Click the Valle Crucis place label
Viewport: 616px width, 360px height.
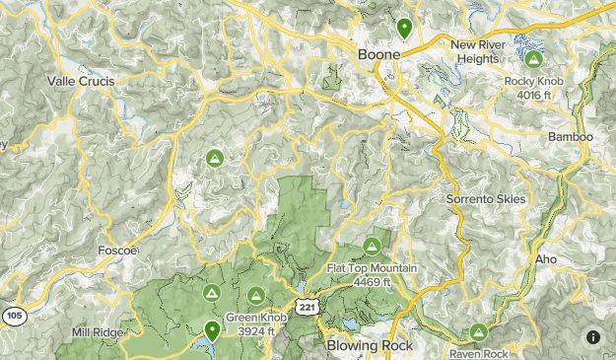(81, 81)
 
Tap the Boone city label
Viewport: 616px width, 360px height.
(379, 55)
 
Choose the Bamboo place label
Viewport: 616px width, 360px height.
(570, 136)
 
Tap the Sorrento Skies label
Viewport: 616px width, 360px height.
(486, 199)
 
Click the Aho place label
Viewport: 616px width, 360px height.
(546, 259)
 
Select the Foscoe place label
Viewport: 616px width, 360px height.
(117, 252)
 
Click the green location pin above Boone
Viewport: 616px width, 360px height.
(403, 27)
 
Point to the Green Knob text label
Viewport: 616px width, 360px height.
(256, 319)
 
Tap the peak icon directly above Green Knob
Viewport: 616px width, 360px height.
(256, 295)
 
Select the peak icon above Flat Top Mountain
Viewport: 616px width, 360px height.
(372, 246)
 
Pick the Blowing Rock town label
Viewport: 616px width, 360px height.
(369, 346)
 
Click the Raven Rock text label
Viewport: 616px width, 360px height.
(478, 353)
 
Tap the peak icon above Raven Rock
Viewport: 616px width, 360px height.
(478, 331)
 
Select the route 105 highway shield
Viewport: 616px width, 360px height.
(14, 316)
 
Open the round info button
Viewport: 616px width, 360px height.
(593, 336)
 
